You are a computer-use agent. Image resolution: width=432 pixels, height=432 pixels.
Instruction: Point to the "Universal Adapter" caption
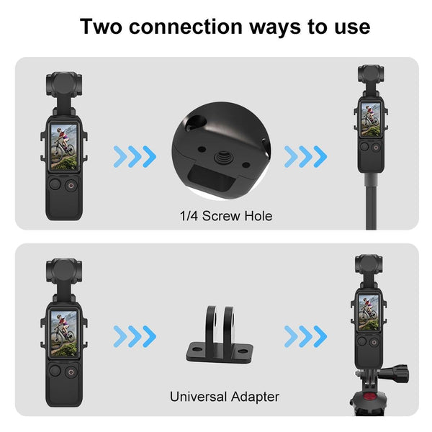[x=224, y=396]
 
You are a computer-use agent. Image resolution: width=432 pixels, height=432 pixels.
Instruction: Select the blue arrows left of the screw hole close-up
[x=135, y=155]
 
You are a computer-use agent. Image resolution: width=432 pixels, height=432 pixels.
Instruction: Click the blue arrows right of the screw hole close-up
[x=305, y=155]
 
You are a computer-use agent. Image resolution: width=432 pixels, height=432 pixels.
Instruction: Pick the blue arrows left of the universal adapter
[x=135, y=335]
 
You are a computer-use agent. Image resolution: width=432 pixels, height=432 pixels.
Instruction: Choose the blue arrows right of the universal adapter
[x=305, y=335]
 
